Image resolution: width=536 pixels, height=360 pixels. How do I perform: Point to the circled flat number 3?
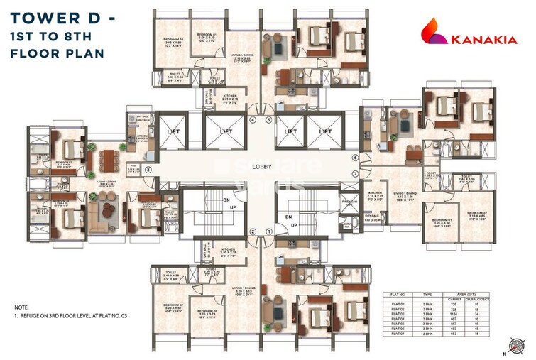[148, 170]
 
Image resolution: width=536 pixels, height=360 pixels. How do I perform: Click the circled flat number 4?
[253, 120]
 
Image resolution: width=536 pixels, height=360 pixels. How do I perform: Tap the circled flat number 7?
[355, 173]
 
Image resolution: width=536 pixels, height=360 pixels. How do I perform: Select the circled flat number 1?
[269, 231]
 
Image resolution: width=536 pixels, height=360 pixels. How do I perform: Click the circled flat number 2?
[252, 231]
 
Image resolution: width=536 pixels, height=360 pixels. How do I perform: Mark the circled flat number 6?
[355, 158]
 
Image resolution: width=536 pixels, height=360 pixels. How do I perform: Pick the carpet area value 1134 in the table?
[454, 316]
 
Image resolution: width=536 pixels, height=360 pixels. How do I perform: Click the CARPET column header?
[454, 299]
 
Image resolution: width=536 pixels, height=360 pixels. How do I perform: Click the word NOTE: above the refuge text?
[22, 307]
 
